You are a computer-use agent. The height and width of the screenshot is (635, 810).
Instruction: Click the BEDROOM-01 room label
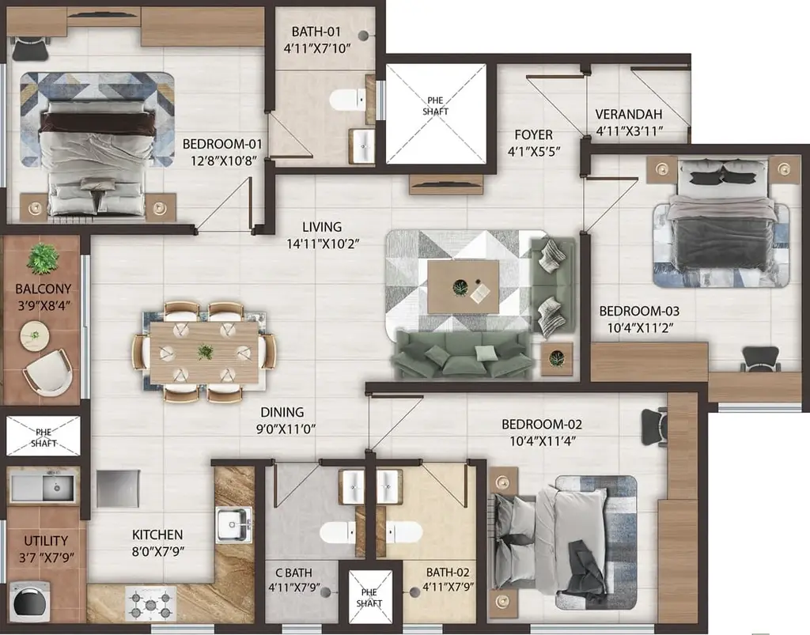pos(222,144)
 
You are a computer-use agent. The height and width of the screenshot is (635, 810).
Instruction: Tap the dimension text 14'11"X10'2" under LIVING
pos(323,243)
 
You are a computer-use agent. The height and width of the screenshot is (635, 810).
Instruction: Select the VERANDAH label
pos(629,114)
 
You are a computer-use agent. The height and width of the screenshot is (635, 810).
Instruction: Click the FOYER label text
pos(534,134)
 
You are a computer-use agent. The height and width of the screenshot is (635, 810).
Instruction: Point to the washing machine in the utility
pos(30,602)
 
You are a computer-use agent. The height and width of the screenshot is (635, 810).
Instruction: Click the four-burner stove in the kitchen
pos(150,604)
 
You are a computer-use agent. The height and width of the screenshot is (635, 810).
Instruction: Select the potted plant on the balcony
pos(43,259)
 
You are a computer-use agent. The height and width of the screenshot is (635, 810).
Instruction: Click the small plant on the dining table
pos(206,352)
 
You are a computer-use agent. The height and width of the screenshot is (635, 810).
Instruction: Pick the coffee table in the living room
pos(464,286)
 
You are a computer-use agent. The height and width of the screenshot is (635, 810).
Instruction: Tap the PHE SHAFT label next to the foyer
pos(436,106)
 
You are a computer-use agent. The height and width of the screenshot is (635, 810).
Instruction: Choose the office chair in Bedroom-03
pos(761,359)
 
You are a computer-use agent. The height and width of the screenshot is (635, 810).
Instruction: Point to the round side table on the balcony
pos(35,335)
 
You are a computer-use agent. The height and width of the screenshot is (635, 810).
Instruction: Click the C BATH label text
pos(294,573)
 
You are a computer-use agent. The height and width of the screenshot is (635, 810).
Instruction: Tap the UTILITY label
pos(46,541)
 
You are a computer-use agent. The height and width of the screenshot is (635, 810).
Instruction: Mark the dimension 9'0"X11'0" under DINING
pos(286,429)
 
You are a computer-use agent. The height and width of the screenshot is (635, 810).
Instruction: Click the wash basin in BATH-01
pos(363,146)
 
